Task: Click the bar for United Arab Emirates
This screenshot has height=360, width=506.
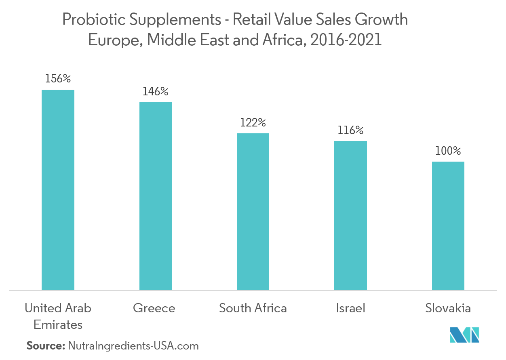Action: tap(58, 189)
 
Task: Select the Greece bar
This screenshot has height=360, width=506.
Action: tap(156, 196)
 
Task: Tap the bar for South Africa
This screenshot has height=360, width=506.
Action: tap(253, 211)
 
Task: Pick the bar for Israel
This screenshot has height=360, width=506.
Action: tap(350, 215)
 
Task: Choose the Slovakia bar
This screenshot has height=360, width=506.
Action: tap(448, 225)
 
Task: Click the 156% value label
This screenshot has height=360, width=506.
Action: tap(58, 79)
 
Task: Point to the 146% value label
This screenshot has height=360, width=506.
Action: tap(155, 92)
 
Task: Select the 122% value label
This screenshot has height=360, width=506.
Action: tap(253, 122)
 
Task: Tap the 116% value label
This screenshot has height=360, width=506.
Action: tap(350, 130)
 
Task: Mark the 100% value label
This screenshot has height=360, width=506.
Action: tap(448, 151)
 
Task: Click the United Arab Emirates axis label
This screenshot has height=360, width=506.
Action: tap(58, 316)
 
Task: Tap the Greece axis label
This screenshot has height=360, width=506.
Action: tap(154, 308)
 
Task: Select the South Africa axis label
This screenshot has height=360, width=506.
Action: tap(253, 308)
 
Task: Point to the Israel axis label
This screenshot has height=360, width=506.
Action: tap(350, 308)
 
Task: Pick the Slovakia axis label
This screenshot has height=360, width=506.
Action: tap(448, 308)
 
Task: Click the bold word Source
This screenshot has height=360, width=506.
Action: tap(45, 346)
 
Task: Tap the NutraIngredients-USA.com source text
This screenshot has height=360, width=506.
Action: tap(133, 346)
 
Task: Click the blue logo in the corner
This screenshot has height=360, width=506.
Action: tap(464, 335)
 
